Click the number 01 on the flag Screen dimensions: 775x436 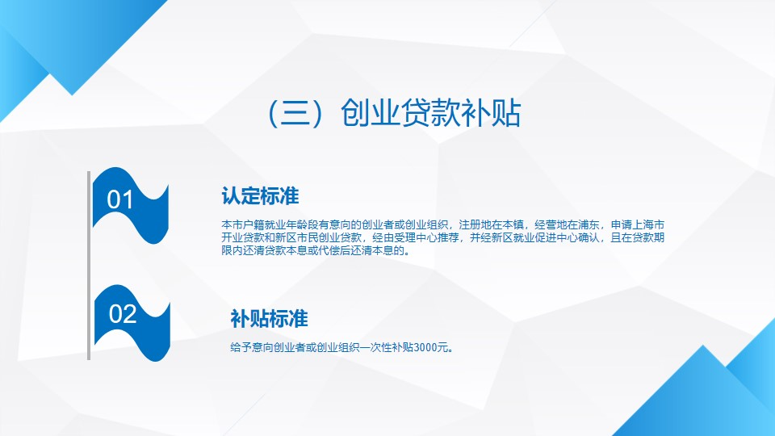tap(120, 199)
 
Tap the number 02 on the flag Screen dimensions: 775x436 tap(123, 314)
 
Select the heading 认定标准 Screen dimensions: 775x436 tap(260, 195)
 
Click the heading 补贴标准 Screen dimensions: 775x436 tap(269, 319)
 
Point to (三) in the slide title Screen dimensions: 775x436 tap(296, 113)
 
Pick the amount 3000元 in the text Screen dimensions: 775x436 tap(431, 347)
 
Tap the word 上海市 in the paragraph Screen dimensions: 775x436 tap(648, 225)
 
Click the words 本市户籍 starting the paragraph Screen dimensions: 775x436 tap(243, 225)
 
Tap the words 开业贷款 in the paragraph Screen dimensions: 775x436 tap(243, 237)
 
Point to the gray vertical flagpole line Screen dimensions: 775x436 tap(89, 266)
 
